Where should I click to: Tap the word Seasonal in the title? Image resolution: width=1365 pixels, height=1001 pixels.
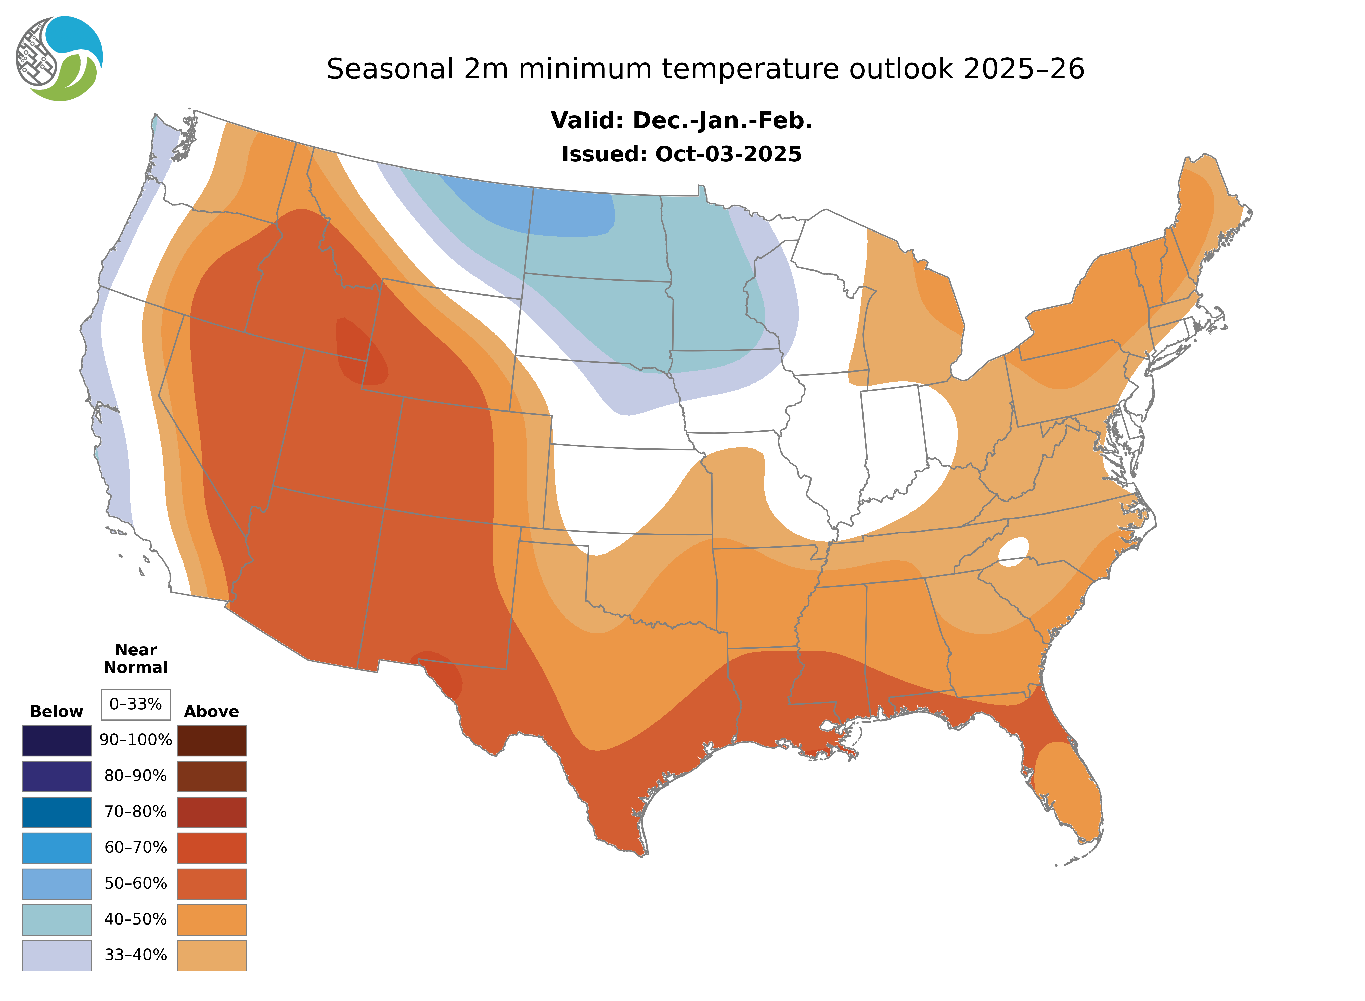tap(390, 69)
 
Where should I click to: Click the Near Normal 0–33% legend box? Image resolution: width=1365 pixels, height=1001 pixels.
tap(136, 704)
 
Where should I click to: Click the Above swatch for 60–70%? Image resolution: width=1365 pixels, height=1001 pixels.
tap(211, 848)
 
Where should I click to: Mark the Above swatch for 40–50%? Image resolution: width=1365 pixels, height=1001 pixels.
tap(211, 919)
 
